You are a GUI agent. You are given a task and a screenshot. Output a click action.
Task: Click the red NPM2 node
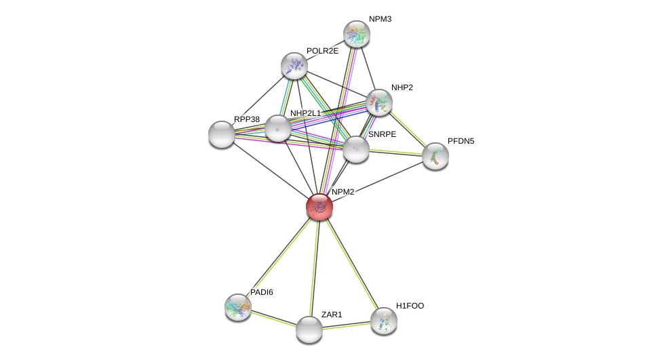click(x=319, y=207)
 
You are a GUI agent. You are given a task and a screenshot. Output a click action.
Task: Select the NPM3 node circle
click(x=356, y=34)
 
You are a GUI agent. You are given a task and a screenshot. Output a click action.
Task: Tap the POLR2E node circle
click(x=294, y=66)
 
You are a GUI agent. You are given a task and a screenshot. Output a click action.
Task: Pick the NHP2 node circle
click(x=378, y=102)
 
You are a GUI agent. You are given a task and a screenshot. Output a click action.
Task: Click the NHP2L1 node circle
click(x=277, y=128)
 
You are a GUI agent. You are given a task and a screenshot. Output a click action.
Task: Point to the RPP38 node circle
click(x=222, y=134)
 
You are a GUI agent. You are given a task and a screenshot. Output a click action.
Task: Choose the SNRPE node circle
click(x=355, y=149)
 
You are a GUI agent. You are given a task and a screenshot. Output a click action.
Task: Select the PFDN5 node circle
click(x=435, y=156)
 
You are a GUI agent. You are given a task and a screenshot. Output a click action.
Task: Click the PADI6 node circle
click(x=238, y=307)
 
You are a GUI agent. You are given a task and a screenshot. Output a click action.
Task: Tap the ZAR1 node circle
click(x=309, y=329)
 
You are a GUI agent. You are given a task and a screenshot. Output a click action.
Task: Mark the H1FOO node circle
click(x=383, y=321)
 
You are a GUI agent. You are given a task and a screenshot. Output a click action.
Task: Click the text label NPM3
click(x=380, y=19)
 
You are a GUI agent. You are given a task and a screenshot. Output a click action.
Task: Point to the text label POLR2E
click(x=322, y=51)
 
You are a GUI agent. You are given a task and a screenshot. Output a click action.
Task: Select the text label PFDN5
click(x=461, y=141)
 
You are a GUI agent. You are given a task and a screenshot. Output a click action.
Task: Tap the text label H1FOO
click(x=410, y=306)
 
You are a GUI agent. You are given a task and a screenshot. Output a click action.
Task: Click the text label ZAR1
click(x=332, y=315)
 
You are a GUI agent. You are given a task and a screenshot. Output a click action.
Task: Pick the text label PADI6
click(x=261, y=292)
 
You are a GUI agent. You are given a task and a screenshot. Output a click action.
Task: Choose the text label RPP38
click(x=246, y=119)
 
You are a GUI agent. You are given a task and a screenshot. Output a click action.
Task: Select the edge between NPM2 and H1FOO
click(x=351, y=264)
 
